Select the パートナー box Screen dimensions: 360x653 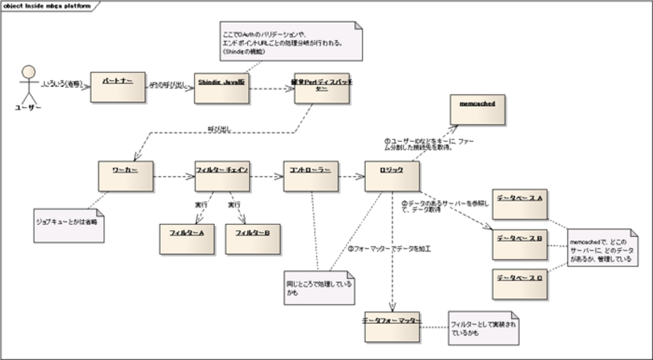[118, 87]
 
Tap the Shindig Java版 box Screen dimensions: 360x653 [222, 88]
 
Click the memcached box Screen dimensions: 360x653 [478, 110]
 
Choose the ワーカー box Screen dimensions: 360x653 [126, 176]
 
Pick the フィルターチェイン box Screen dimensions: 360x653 [222, 176]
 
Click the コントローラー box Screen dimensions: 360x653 [310, 176]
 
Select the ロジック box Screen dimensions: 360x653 [392, 176]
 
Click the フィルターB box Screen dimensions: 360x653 [253, 238]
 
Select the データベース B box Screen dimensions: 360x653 [519, 245]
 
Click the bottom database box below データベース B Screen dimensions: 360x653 [519, 284]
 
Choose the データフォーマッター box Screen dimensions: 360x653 [392, 326]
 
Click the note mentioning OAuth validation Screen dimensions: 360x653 [291, 41]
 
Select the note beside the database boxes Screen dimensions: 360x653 [602, 248]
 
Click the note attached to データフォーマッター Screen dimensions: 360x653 [483, 328]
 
